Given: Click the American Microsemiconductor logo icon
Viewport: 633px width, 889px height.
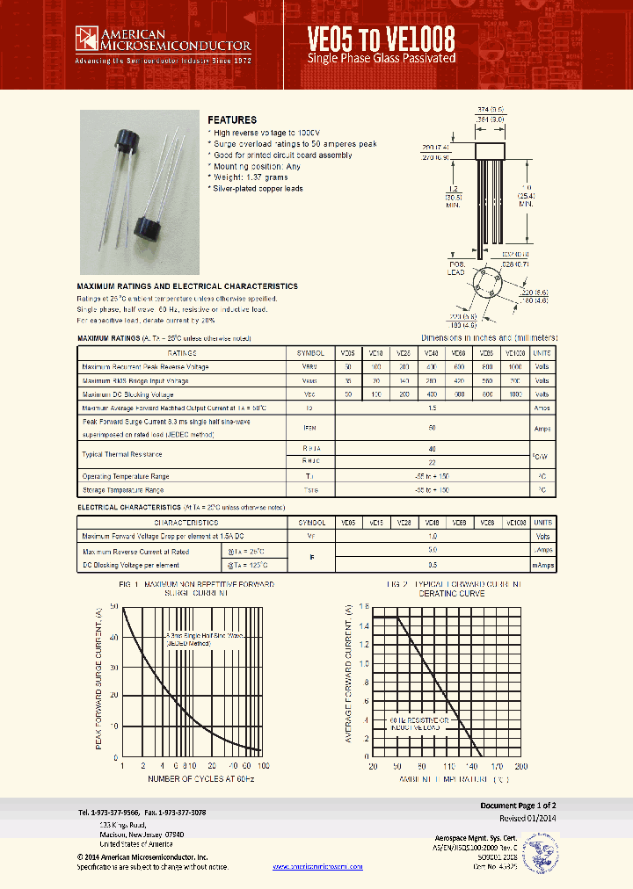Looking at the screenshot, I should pos(87,38).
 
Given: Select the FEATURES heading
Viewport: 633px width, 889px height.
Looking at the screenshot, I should pos(232,119).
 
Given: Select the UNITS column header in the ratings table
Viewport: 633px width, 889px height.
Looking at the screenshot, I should pos(542,352).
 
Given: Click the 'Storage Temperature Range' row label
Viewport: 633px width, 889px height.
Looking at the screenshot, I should pos(124,488).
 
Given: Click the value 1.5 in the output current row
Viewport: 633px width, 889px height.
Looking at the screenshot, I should pos(431,408).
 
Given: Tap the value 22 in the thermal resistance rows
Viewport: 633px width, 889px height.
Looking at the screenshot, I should pos(431,461).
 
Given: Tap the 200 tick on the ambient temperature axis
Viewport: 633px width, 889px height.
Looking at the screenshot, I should pos(520,766).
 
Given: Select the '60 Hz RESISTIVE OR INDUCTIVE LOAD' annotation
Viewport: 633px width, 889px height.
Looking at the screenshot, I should pos(420,724).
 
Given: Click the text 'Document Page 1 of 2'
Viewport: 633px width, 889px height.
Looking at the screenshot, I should pos(518,805).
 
